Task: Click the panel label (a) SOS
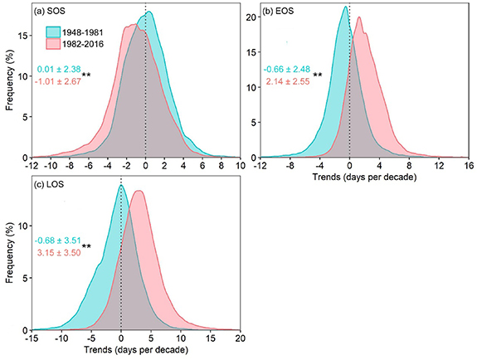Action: click(51, 12)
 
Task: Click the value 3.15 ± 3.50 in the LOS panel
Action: click(58, 251)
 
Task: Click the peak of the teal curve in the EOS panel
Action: click(345, 7)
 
